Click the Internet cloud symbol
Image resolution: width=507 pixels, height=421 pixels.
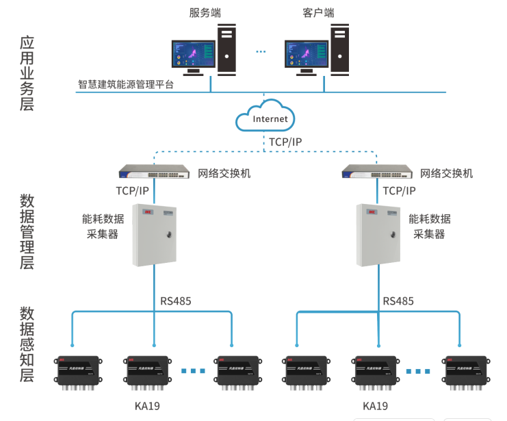pyautogui.click(x=265, y=117)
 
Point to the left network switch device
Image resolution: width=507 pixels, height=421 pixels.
pyautogui.click(x=154, y=173)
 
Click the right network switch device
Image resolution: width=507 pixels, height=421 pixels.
pyautogui.click(x=377, y=173)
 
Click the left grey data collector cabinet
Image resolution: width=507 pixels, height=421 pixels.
pyautogui.click(x=155, y=235)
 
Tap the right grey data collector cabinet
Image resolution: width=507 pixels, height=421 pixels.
pyautogui.click(x=378, y=235)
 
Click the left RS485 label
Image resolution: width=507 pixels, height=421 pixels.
pyautogui.click(x=176, y=301)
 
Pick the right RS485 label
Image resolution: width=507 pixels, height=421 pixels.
pyautogui.click(x=398, y=301)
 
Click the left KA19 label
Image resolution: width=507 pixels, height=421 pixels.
pyautogui.click(x=147, y=406)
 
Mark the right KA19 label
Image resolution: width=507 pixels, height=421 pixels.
pyautogui.click(x=376, y=406)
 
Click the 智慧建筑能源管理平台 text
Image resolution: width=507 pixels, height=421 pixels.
pyautogui.click(x=126, y=85)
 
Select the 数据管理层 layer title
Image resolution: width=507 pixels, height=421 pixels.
pyautogui.click(x=27, y=231)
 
